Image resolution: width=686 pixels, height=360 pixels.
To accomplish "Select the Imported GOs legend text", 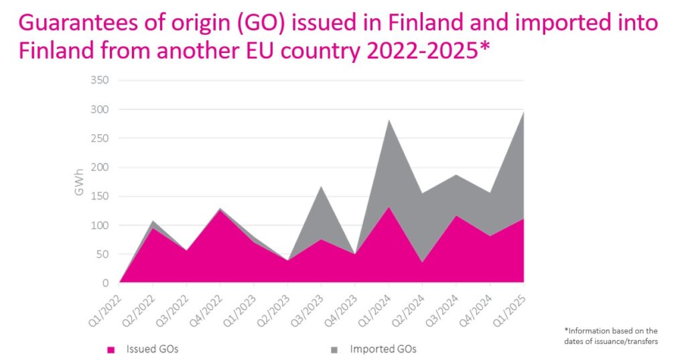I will tap(383, 349).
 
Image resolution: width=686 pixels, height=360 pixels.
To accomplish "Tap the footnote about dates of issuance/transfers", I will tap(611, 335).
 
